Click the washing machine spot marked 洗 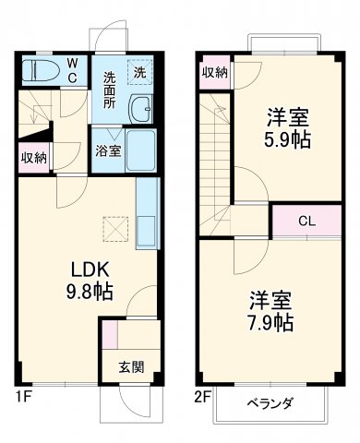coord(138,72)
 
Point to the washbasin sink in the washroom coord(141,110)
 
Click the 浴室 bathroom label coord(105,151)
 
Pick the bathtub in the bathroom coord(141,150)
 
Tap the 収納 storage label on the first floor coord(34,157)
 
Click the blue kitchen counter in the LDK coord(147,212)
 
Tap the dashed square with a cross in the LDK coord(114,227)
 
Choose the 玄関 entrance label coord(130,366)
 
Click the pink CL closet coord(305,221)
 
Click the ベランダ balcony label coord(270,404)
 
